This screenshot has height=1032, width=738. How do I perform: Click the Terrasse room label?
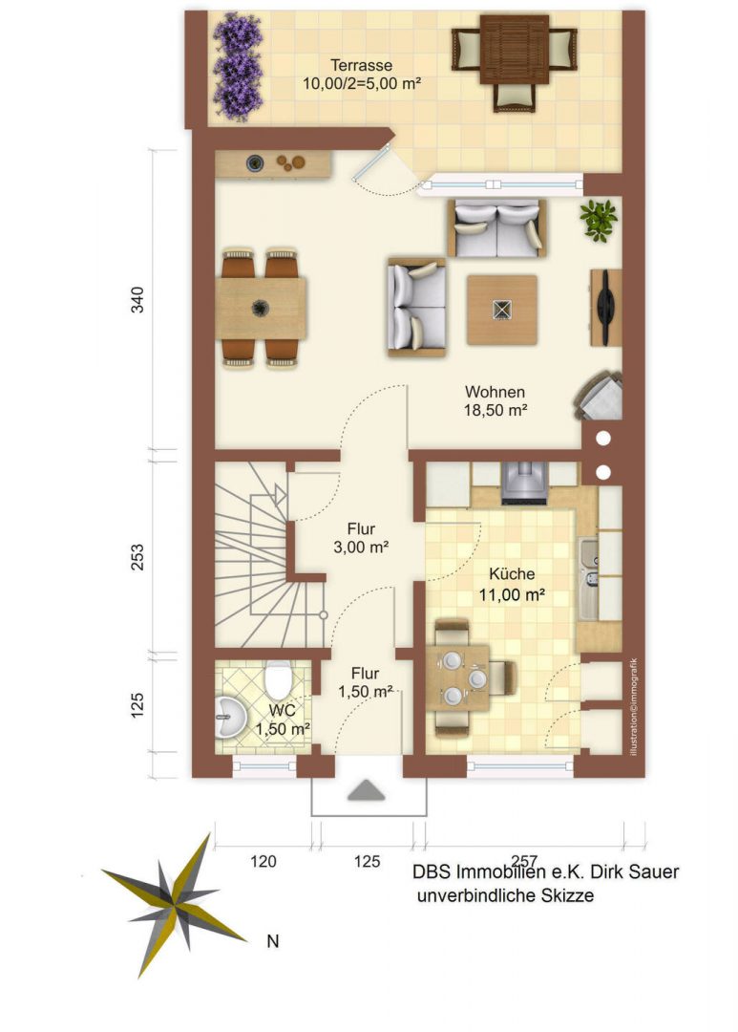361,65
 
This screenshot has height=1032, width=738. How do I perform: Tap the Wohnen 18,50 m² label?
495,400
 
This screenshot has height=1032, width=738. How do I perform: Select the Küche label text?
511,574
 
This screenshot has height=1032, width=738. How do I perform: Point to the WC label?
282,711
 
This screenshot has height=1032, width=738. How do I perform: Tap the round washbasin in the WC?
230,715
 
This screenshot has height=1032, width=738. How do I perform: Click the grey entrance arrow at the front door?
366,790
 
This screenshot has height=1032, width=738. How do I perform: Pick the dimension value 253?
137,557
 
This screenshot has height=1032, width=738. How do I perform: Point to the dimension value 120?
264,861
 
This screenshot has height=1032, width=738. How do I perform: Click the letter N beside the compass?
273,941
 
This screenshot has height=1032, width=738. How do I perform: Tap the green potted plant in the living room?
598,220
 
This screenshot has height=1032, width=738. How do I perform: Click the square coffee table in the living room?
502,310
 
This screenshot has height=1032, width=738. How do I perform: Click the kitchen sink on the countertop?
588,564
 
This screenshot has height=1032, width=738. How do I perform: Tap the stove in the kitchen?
524,484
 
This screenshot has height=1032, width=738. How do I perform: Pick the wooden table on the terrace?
515,50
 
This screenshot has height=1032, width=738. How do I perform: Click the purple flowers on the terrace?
238,67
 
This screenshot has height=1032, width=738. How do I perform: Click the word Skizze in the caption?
569,895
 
